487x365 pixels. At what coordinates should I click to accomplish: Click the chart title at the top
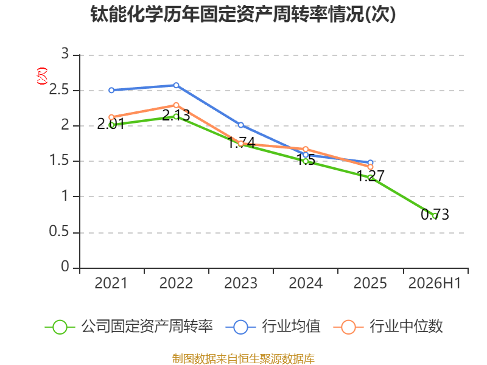(243, 14)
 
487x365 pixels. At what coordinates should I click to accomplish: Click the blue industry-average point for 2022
(176, 85)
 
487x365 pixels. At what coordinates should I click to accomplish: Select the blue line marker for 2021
(111, 90)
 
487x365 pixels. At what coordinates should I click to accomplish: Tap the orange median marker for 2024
(306, 149)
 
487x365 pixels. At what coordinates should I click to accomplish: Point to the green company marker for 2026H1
(435, 216)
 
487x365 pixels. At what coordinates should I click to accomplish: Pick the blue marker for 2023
(240, 125)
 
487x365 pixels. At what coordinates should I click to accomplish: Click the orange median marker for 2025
(370, 167)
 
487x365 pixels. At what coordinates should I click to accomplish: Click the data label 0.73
(435, 215)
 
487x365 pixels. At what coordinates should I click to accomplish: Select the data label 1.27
(371, 176)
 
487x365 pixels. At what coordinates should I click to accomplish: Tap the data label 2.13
(176, 116)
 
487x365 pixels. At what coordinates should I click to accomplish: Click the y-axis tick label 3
(65, 54)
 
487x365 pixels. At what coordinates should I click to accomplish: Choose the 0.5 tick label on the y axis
(58, 232)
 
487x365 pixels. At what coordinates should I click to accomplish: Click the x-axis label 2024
(306, 283)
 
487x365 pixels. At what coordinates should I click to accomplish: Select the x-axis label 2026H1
(435, 283)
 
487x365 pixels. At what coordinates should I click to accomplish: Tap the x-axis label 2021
(111, 283)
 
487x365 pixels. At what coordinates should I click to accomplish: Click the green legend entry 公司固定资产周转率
(129, 327)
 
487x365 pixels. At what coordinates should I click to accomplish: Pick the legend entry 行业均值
(273, 327)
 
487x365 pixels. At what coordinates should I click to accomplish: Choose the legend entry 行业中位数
(388, 327)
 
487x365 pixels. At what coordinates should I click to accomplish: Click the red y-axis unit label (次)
(42, 76)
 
